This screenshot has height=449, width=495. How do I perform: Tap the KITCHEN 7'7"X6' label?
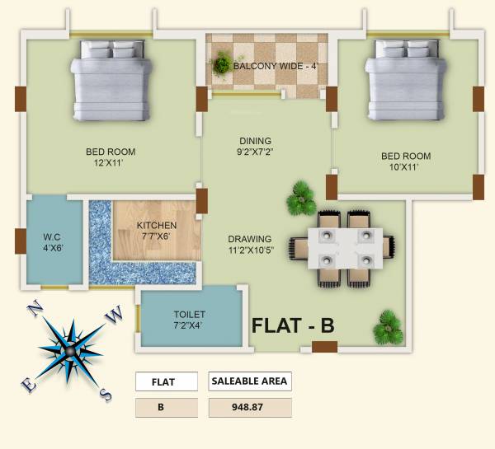157,231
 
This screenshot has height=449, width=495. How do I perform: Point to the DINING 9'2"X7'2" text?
255,146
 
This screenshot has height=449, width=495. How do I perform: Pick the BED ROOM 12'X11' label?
111,157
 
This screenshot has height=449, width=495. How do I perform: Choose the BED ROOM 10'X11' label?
406,161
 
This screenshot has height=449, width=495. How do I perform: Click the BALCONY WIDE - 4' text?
275,66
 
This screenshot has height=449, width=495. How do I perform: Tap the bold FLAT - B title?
293,325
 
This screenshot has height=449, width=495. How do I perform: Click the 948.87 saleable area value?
250,407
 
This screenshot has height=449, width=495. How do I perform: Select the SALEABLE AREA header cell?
250,381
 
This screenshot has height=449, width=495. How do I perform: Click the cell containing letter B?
167,408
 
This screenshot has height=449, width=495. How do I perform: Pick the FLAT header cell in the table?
167,381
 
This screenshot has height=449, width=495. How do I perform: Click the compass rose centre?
69,350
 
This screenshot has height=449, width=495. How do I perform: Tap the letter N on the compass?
35,310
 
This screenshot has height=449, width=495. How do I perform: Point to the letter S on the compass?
106,395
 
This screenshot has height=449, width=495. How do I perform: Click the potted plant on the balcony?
222,63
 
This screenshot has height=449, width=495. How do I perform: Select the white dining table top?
345,248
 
